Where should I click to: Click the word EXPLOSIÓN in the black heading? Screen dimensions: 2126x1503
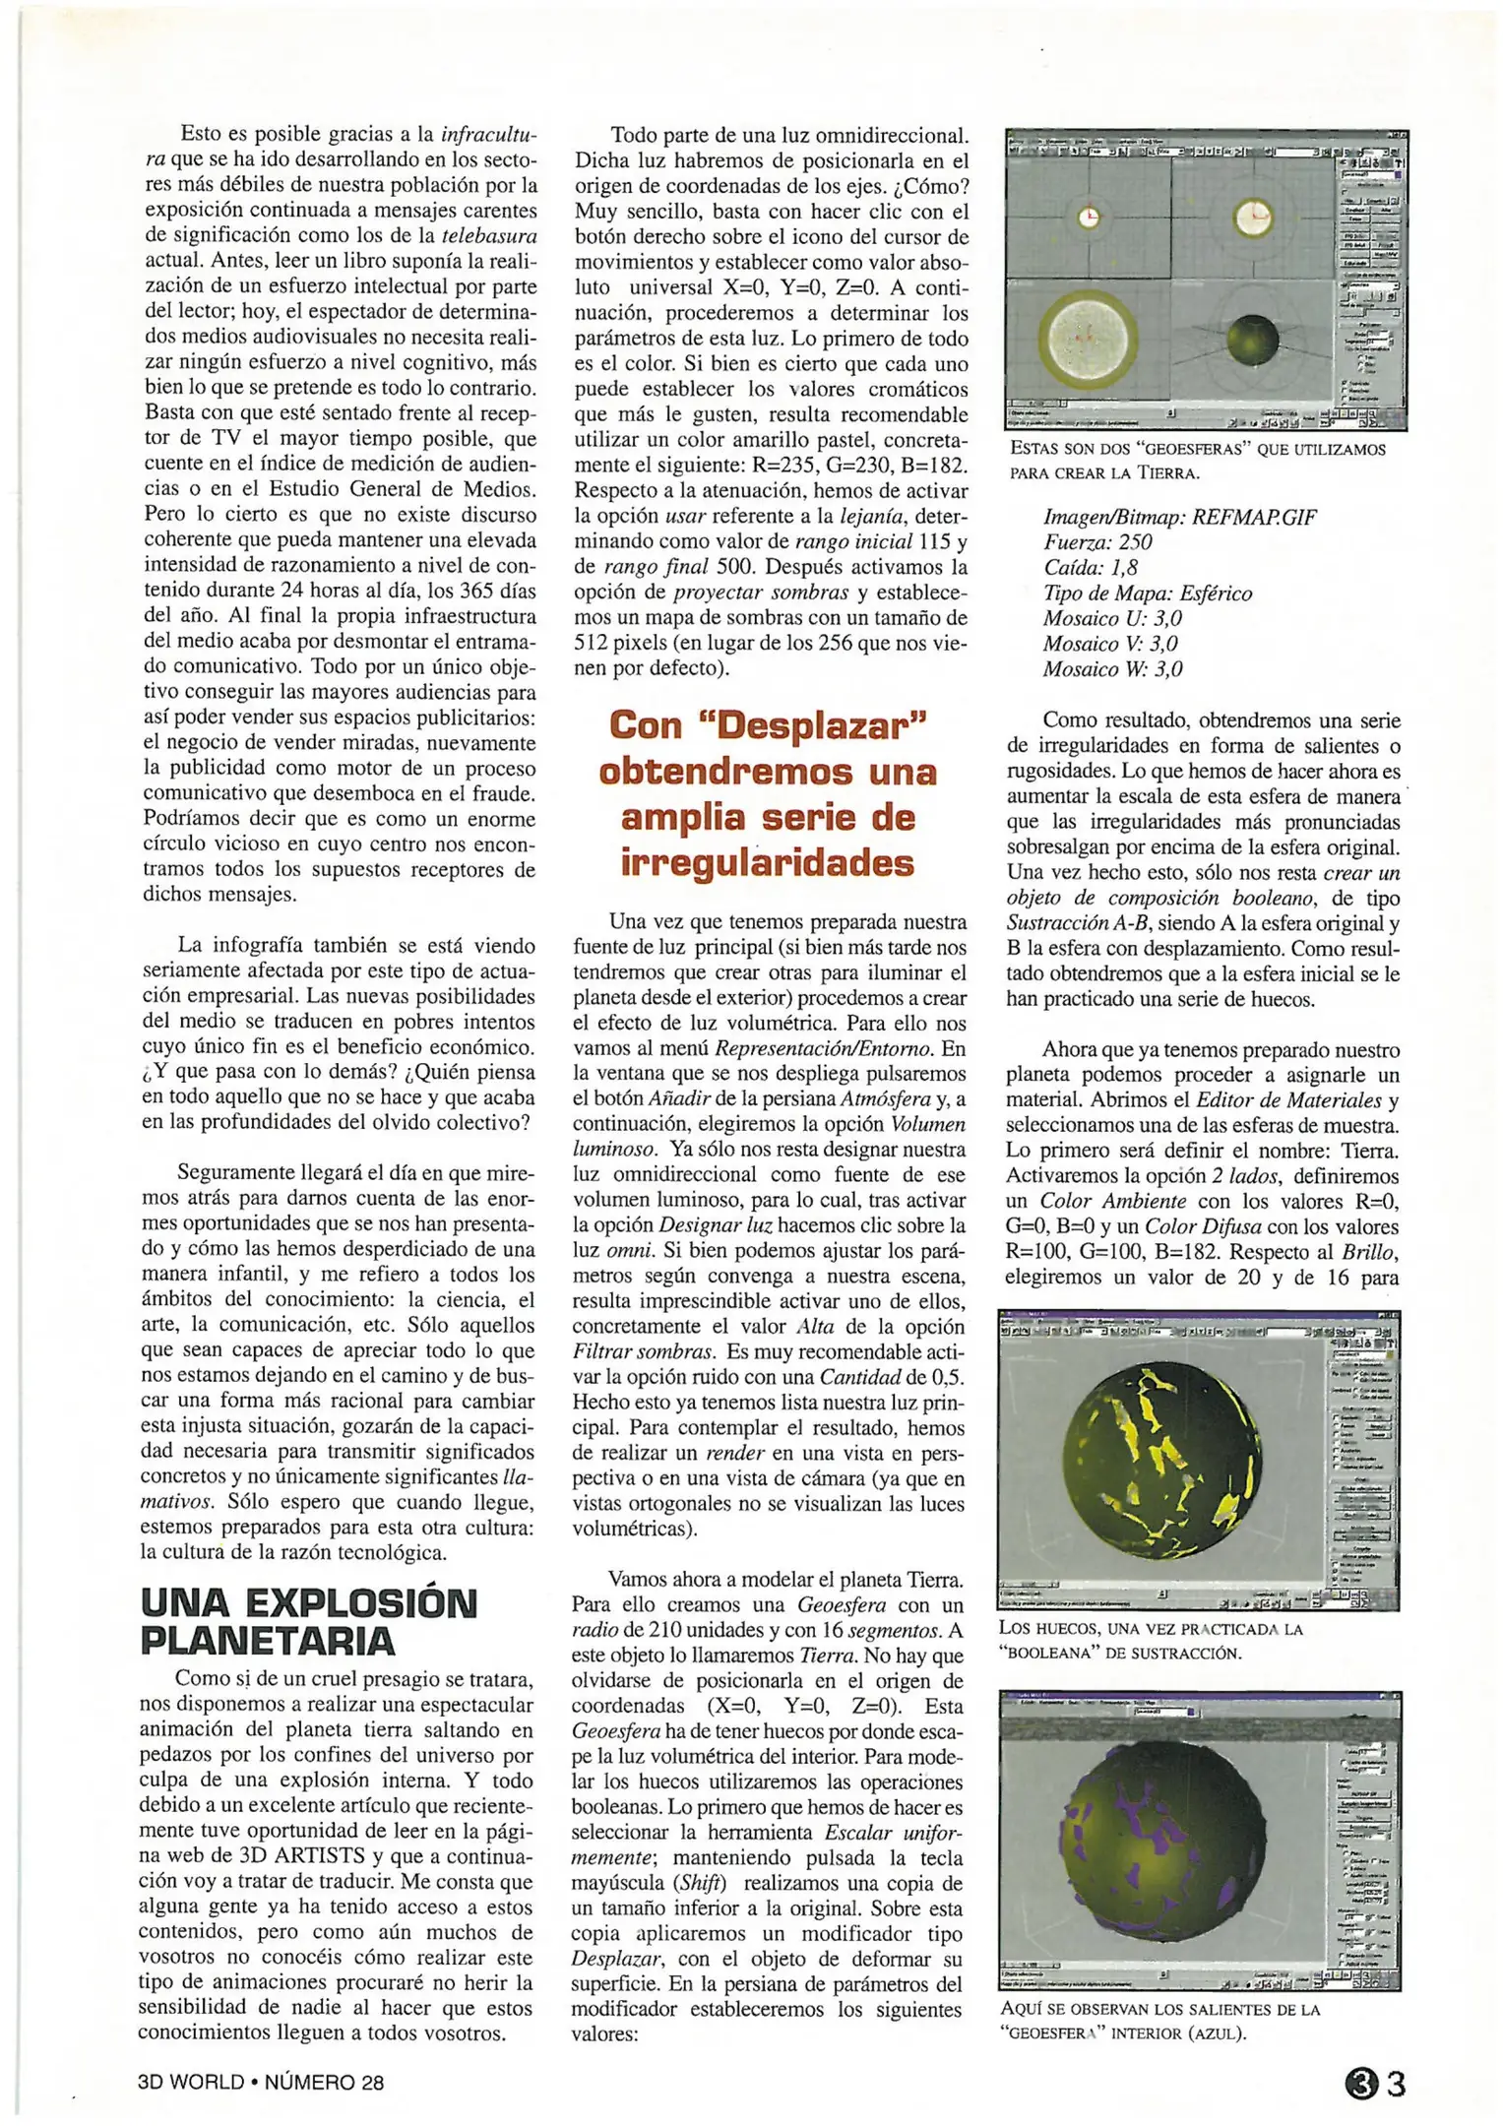coord(360,1603)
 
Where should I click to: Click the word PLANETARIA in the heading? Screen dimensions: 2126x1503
coord(268,1641)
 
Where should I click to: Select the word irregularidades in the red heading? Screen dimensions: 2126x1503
coord(768,863)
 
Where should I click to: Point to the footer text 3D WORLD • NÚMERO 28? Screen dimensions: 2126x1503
coord(261,2083)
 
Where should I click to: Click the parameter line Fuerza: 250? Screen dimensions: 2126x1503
coord(1097,542)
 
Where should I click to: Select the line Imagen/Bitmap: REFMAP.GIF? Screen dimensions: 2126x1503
coord(1179,517)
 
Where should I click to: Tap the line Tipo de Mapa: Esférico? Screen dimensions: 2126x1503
coord(1148,594)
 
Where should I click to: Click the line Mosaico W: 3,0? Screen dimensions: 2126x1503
coord(1113,669)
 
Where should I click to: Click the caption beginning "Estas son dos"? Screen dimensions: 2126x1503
coord(1197,461)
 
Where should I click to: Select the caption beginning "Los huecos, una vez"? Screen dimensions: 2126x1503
coord(1150,1641)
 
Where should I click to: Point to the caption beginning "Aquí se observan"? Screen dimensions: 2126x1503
coord(1159,2022)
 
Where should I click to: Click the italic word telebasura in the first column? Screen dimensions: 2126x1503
coord(489,235)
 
